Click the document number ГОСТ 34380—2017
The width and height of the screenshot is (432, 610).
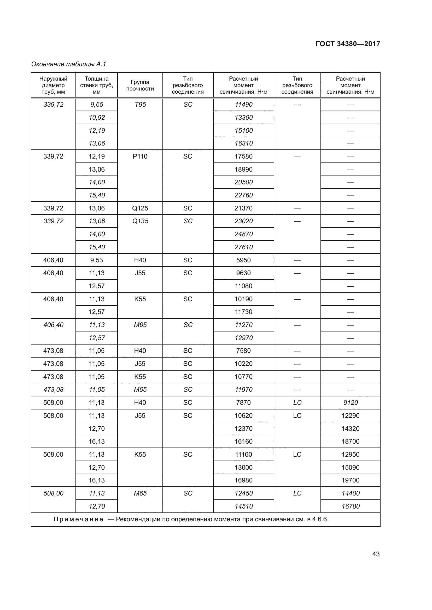tap(348, 44)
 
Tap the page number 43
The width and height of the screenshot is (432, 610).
tap(376, 554)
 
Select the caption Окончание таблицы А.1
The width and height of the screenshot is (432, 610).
tap(69, 64)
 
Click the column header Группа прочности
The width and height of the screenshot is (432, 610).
tap(140, 85)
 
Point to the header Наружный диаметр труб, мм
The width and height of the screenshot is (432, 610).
tap(53, 85)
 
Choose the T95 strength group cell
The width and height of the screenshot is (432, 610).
tap(140, 104)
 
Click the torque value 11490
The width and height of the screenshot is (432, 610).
tap(243, 104)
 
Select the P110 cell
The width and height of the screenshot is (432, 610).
tap(140, 156)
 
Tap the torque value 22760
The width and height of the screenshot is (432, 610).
tap(243, 195)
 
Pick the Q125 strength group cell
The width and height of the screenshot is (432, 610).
tap(140, 208)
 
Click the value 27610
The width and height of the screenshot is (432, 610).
tap(243, 247)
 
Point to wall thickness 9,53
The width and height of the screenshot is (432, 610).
tap(97, 260)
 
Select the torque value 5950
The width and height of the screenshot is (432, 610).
tap(243, 260)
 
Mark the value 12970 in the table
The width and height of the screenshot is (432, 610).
tap(243, 338)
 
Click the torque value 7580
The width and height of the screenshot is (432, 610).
tap(243, 351)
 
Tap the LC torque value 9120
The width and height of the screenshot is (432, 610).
tap(350, 402)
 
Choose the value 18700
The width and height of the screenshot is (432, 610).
tap(350, 441)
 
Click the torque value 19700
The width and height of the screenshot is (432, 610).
tap(350, 480)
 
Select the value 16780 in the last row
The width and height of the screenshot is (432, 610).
tap(350, 506)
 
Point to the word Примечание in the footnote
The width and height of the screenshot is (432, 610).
tap(78, 519)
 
